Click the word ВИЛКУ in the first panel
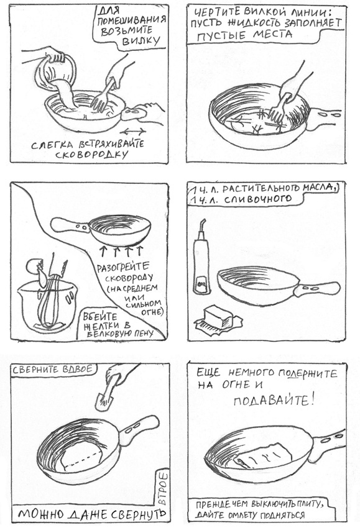click(141, 41)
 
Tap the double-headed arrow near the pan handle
click(133, 131)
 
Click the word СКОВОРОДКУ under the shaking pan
click(92, 155)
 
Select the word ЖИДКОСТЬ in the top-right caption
click(250, 24)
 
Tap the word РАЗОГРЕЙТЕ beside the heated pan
click(123, 267)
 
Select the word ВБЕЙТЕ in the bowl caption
click(96, 317)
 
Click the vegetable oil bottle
click(201, 258)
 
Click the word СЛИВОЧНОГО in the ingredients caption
click(257, 199)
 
